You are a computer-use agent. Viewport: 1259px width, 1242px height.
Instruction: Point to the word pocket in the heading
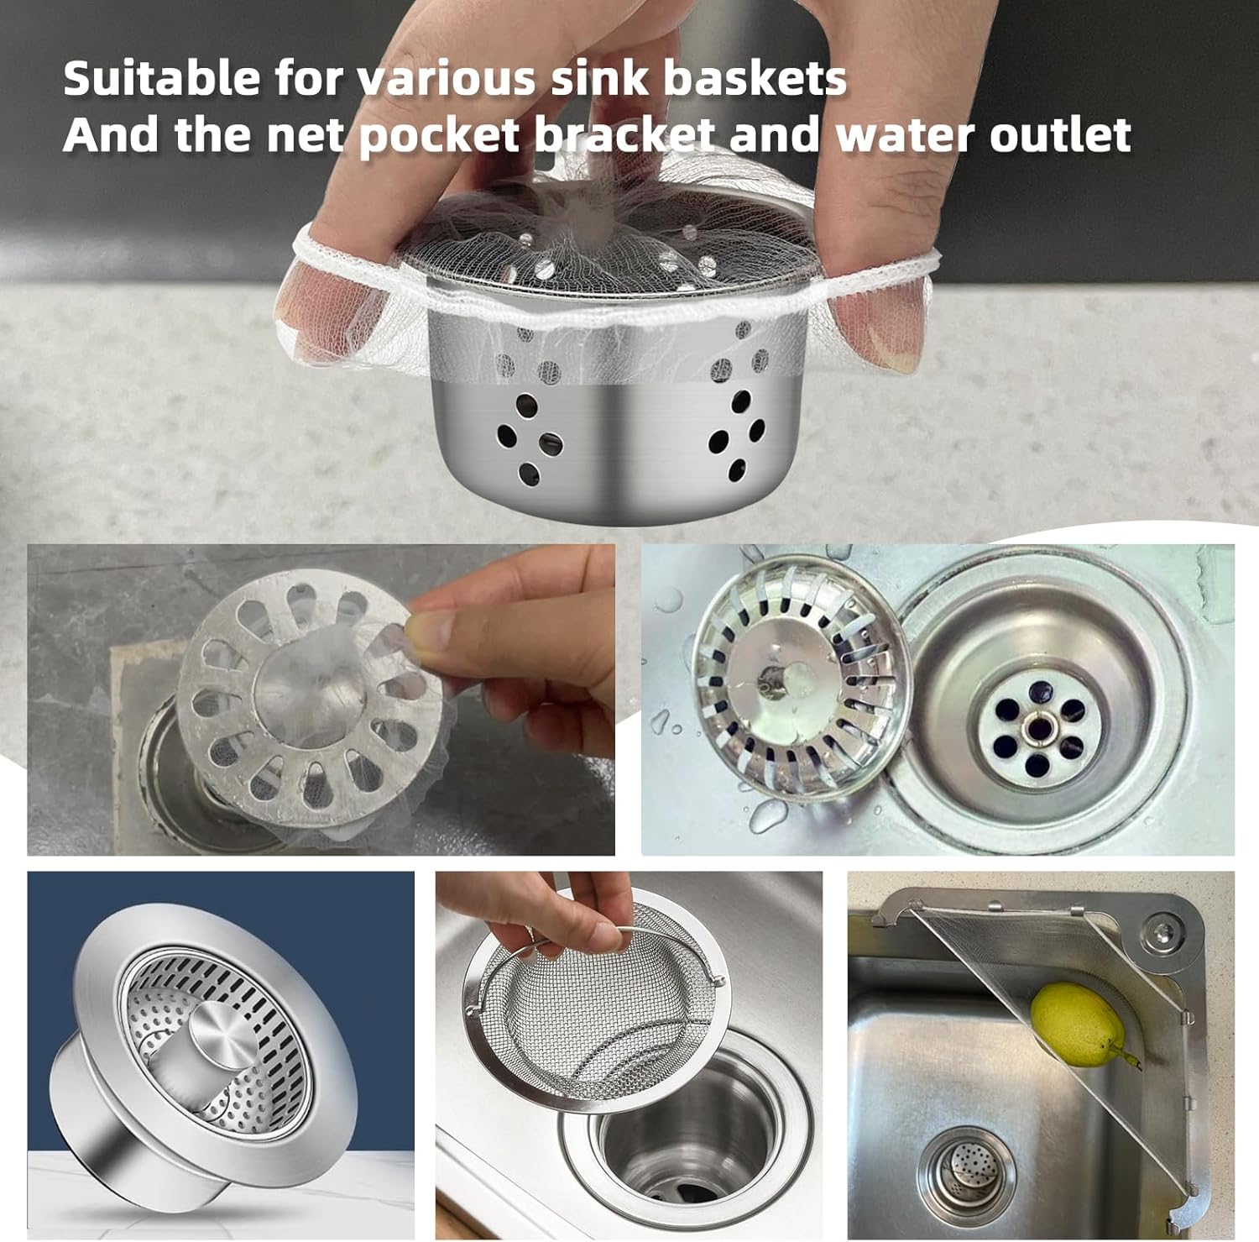pyautogui.click(x=439, y=136)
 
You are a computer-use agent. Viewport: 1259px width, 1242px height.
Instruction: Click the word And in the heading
pyautogui.click(x=112, y=134)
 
